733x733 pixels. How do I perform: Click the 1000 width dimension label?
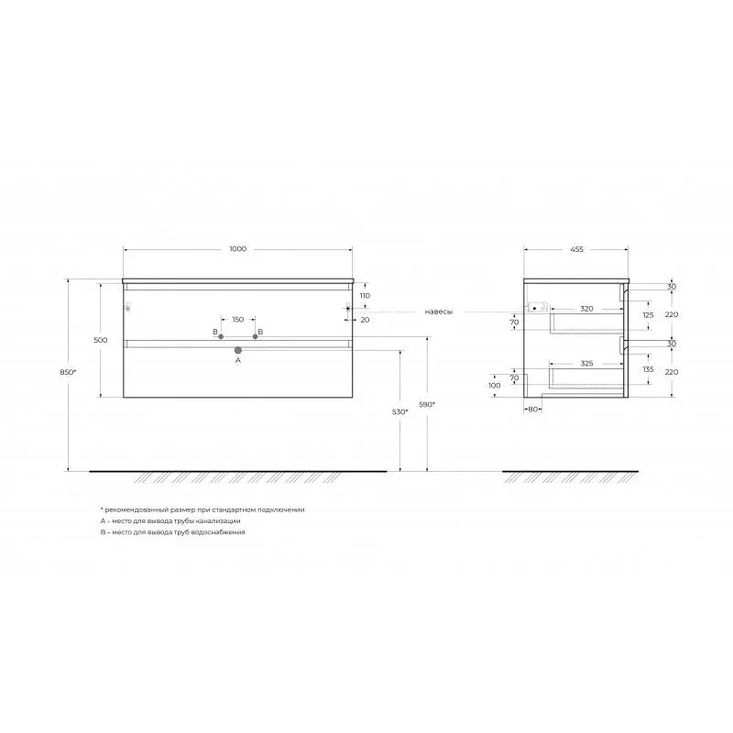pos(238,249)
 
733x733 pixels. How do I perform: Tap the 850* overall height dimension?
pos(68,372)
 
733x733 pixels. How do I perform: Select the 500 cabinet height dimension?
pos(101,340)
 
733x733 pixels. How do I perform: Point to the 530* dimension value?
pos(399,411)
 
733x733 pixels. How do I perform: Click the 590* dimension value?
pos(427,404)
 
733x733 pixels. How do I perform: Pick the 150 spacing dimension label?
pos(238,319)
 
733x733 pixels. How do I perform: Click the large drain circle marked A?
pos(238,350)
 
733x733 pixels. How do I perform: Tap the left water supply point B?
pos(221,336)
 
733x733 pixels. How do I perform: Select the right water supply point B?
pos(255,336)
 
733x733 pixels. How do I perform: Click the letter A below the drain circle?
pos(238,360)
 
